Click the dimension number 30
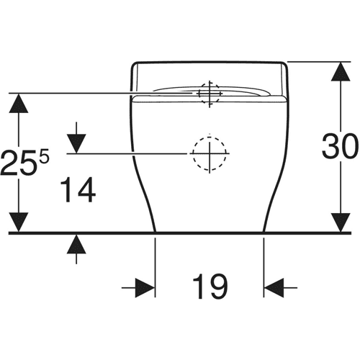click(x=340, y=146)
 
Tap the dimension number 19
click(x=210, y=287)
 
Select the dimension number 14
click(x=78, y=190)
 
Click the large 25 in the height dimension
click(x=19, y=162)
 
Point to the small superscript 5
click(x=44, y=156)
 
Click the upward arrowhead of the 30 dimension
click(x=341, y=71)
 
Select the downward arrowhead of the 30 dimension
click(x=341, y=222)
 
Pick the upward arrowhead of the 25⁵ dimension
click(x=19, y=103)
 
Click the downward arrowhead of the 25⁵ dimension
click(x=19, y=222)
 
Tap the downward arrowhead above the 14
click(x=76, y=144)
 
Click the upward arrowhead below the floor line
click(x=76, y=244)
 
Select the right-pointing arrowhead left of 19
click(x=145, y=287)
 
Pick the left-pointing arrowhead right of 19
click(x=274, y=287)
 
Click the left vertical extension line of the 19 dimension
click(x=155, y=268)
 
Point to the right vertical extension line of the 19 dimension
click(x=264, y=268)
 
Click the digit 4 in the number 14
click(x=86, y=190)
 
